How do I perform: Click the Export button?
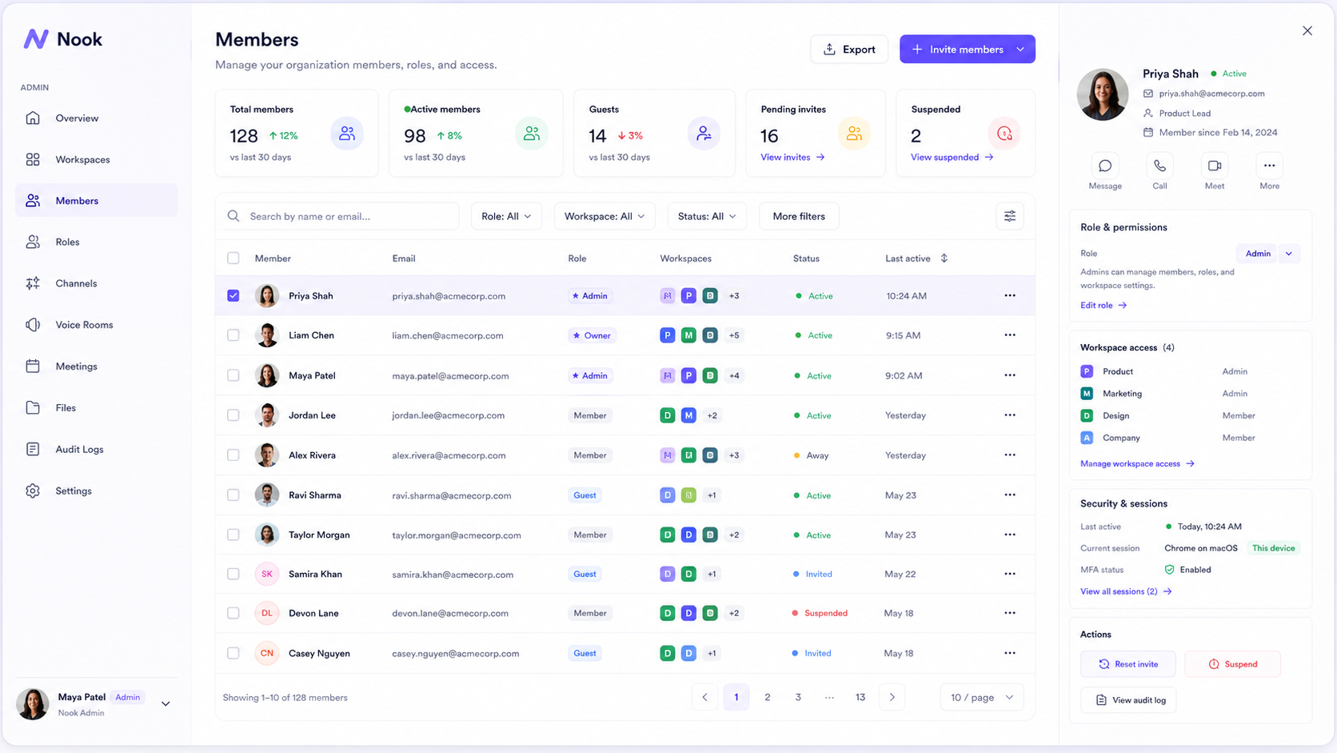point(848,49)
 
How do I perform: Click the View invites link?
point(792,157)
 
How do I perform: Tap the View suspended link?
point(952,157)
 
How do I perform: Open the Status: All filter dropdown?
point(707,216)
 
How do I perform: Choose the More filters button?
point(799,216)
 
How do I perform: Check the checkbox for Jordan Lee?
point(233,415)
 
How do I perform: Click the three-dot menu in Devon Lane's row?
point(1009,613)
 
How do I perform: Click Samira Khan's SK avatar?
point(267,574)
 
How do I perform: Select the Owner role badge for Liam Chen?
point(592,335)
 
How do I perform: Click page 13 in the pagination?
point(860,698)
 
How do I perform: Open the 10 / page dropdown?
point(982,698)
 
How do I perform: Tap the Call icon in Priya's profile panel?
point(1159,166)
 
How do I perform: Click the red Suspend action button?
point(1232,664)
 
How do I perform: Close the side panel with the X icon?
point(1307,30)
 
